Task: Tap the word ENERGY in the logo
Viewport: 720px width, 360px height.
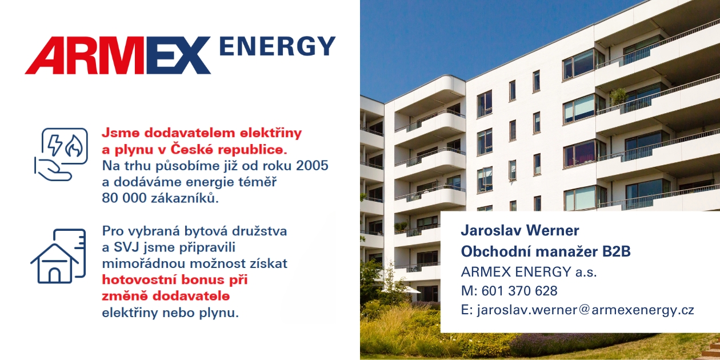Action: [278, 46]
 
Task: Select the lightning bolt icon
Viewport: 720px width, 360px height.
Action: [55, 145]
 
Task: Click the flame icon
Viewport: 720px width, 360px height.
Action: [74, 146]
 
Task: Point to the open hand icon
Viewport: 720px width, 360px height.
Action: [53, 169]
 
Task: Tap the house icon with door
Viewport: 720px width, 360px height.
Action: [55, 263]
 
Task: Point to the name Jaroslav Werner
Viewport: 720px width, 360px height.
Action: [520, 230]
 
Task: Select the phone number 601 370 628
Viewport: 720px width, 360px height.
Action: [519, 290]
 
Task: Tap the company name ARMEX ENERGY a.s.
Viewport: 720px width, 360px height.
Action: [529, 272]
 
